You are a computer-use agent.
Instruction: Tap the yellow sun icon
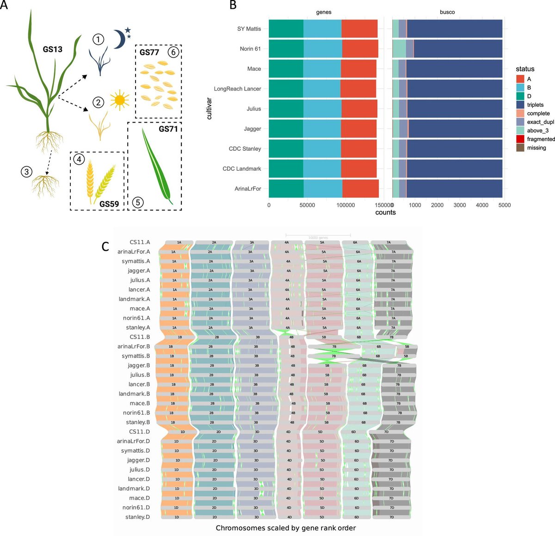click(120, 100)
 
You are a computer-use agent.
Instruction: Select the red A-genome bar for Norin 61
click(360, 49)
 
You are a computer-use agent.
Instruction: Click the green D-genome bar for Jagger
click(286, 129)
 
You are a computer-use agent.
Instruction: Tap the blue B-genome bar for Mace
click(322, 68)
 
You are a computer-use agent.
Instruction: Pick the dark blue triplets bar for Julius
click(455, 109)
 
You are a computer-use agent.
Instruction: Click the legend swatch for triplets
click(520, 105)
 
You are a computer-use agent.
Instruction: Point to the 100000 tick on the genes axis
click(345, 205)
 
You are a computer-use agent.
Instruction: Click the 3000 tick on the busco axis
click(460, 205)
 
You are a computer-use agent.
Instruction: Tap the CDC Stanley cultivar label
click(245, 149)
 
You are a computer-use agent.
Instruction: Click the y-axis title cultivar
click(210, 109)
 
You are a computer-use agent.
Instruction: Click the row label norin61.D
click(136, 507)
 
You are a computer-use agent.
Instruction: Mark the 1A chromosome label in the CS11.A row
click(179, 242)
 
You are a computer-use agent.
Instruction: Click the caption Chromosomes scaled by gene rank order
click(285, 528)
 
